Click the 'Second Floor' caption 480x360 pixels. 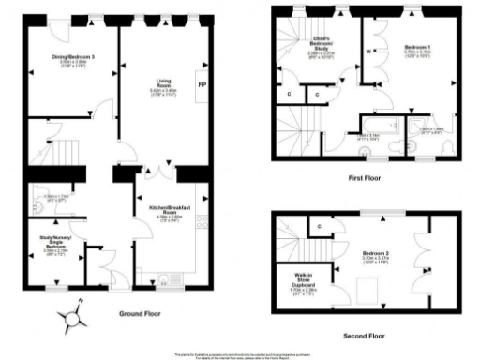(x=363, y=335)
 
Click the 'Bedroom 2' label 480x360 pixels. (x=366, y=252)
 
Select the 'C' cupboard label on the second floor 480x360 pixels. (x=322, y=226)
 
